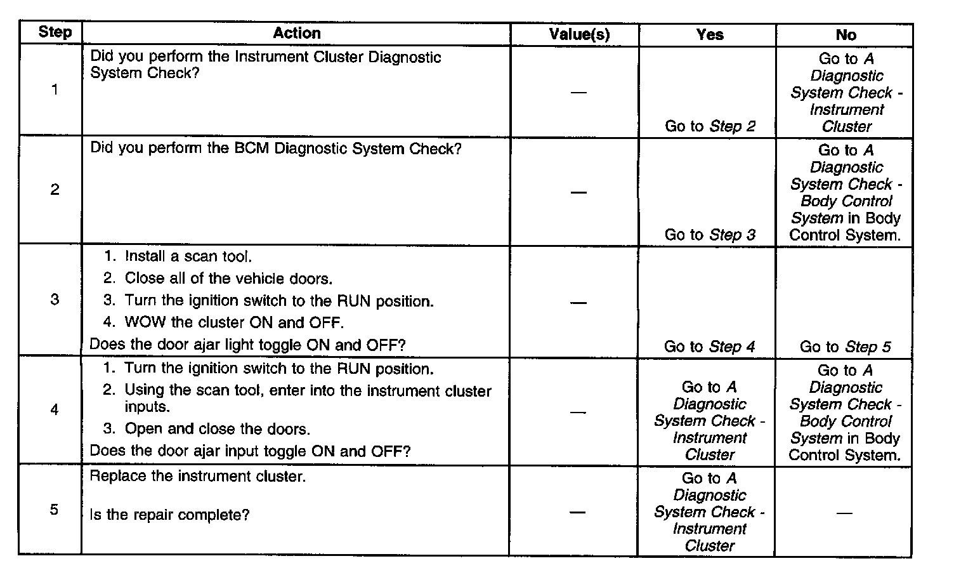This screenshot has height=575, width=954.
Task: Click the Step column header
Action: point(55,32)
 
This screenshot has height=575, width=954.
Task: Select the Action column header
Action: point(297,33)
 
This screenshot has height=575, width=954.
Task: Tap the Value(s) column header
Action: point(578,34)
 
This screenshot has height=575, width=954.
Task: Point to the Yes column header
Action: point(709,34)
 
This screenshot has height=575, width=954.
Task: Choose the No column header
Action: point(846,35)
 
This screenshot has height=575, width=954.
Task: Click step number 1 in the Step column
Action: point(55,89)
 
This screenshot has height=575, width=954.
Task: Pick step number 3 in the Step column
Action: point(55,299)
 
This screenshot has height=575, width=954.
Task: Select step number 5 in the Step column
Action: point(54,510)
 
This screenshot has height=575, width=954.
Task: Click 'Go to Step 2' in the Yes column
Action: point(710,126)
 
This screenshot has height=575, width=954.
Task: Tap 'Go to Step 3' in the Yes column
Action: point(710,235)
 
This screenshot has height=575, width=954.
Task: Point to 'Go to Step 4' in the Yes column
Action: point(709,347)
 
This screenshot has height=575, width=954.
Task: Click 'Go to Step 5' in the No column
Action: point(845,347)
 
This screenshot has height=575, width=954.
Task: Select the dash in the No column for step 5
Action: point(844,513)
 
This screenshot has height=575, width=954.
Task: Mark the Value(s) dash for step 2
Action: point(578,192)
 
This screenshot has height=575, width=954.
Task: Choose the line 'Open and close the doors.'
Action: point(217,429)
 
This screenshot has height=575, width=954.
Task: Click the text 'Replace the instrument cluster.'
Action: point(198,476)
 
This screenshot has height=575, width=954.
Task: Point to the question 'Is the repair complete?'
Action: point(169,515)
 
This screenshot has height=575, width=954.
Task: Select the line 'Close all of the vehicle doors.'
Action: point(228,279)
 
